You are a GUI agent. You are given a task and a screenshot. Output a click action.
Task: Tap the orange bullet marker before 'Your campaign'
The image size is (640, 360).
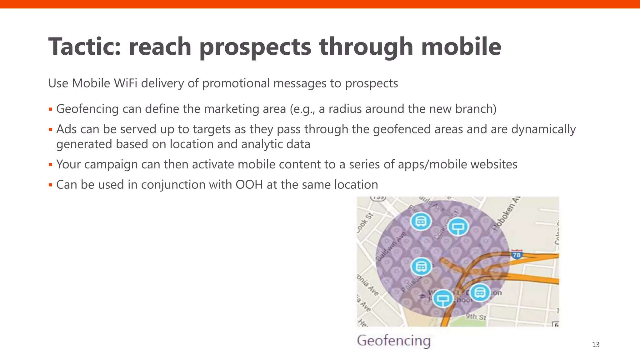point(50,165)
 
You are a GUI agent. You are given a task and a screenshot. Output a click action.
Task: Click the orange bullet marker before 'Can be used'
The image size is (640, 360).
point(50,185)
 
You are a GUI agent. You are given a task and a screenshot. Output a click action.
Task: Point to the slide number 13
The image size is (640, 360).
point(596,345)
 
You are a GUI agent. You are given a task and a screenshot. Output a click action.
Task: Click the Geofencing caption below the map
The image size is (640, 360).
point(394,340)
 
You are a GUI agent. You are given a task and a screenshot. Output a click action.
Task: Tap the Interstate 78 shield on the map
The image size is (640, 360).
point(517,255)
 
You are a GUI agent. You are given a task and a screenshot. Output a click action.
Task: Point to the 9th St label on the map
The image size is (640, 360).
point(476,317)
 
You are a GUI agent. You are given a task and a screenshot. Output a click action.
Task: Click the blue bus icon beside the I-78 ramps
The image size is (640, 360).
point(480,293)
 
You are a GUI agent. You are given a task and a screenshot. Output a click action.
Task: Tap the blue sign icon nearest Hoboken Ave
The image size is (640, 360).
point(458,227)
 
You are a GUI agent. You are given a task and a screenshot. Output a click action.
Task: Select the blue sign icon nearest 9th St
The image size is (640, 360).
point(442,299)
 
